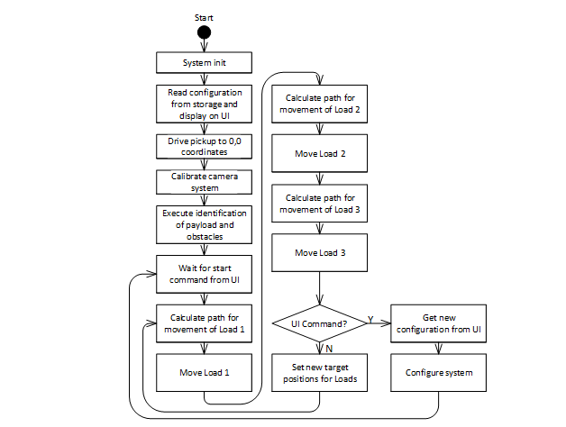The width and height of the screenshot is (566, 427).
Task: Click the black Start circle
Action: tap(204, 32)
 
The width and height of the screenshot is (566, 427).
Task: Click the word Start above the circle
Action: tap(204, 16)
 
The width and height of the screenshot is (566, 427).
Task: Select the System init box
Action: tap(204, 62)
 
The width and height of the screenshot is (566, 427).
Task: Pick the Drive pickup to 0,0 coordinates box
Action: tap(204, 147)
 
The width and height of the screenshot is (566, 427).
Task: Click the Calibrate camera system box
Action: tap(204, 183)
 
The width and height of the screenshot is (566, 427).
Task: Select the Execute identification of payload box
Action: tap(204, 224)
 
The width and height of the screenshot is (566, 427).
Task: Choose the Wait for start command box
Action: tap(204, 273)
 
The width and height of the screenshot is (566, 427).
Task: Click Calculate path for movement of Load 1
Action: tap(204, 323)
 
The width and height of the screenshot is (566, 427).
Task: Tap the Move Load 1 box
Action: tap(204, 372)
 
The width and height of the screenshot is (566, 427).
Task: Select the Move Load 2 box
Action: tap(319, 153)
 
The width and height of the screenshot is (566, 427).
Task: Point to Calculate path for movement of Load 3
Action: tap(319, 203)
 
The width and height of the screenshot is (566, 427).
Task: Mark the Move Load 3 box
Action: tap(319, 252)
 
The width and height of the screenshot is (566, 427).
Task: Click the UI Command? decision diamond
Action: tap(319, 323)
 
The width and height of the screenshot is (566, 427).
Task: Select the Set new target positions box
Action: tap(319, 372)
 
